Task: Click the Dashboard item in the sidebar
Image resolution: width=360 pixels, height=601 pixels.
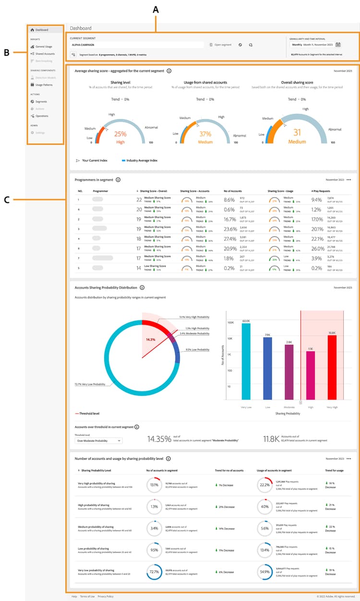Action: [42, 30]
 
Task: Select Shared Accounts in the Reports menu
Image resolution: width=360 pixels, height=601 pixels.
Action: [45, 54]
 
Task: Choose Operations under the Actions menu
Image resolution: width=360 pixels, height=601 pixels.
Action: [42, 116]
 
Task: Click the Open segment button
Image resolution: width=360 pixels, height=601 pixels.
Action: [222, 45]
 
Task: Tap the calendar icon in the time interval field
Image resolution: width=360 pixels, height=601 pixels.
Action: [338, 45]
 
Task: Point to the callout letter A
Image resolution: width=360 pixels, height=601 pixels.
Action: [155, 9]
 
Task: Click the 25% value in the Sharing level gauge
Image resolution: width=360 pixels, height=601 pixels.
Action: [120, 134]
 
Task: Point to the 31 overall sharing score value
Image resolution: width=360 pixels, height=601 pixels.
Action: [298, 133]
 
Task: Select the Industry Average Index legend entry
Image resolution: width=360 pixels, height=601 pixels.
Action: [141, 160]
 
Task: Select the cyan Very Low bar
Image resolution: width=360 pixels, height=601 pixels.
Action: [246, 361]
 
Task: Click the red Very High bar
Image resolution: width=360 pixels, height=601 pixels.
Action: [332, 367]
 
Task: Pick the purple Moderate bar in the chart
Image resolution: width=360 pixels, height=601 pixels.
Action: [289, 372]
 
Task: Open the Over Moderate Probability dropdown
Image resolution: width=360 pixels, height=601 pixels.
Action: [99, 440]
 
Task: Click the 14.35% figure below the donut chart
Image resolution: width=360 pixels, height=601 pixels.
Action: [158, 438]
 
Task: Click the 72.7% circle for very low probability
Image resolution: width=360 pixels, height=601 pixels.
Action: [155, 572]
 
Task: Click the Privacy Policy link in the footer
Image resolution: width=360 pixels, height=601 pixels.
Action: [105, 596]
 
